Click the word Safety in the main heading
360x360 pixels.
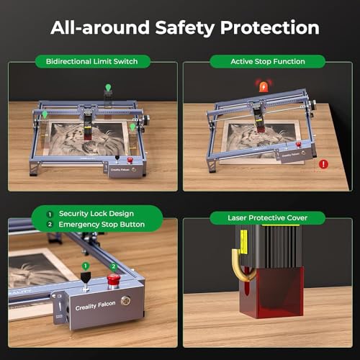pos(185,28)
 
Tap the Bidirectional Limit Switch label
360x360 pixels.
pos(92,61)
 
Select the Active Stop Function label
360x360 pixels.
pos(268,61)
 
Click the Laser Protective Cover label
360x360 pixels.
pos(267,218)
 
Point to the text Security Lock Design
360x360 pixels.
pos(96,214)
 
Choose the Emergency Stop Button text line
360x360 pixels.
pos(102,225)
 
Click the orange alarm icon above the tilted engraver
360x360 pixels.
pos(264,86)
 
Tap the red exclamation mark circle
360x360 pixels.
pos(323,164)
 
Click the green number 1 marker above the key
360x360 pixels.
pos(86,266)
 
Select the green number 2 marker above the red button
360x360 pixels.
pos(114,266)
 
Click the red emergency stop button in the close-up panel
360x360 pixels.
pos(114,280)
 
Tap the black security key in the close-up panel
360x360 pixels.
pos(86,279)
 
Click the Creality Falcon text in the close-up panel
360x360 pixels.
pos(95,305)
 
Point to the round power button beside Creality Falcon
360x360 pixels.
pos(126,300)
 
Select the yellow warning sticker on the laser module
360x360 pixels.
pos(244,241)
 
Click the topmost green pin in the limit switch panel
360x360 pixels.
pos(109,87)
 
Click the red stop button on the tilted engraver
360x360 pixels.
pos(298,144)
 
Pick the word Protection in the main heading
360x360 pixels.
pos(270,27)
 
